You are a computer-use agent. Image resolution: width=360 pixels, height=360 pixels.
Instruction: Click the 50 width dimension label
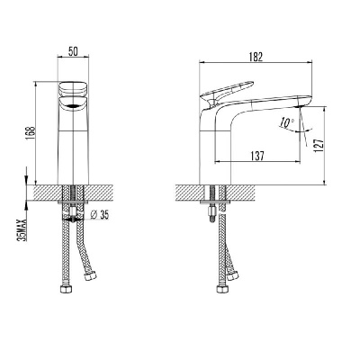73,51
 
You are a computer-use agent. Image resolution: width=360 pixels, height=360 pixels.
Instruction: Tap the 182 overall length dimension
256,57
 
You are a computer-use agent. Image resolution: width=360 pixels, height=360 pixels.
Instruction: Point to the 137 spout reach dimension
257,156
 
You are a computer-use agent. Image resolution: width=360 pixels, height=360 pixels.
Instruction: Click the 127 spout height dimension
319,146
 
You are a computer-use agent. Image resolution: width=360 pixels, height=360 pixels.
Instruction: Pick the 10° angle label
287,122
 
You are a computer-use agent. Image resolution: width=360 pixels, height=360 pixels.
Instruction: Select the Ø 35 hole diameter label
99,214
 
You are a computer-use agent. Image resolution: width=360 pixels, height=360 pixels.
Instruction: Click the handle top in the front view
74,88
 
